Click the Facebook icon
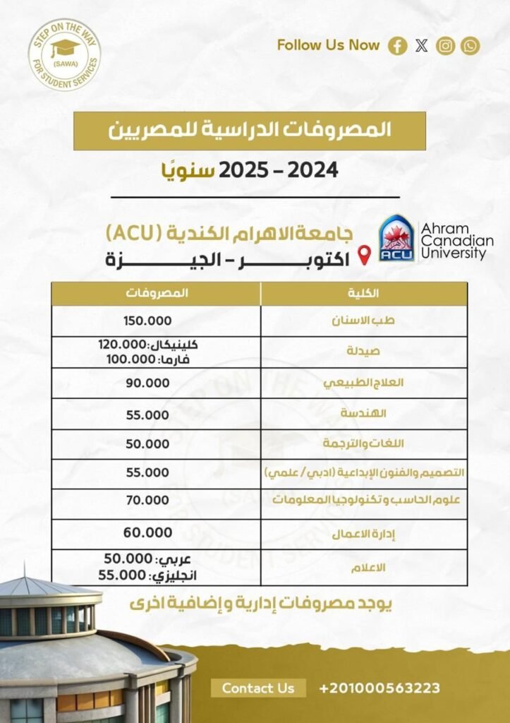pyautogui.click(x=399, y=47)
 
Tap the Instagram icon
pyautogui.click(x=446, y=47)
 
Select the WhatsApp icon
pyautogui.click(x=470, y=47)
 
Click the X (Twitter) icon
pyautogui.click(x=422, y=47)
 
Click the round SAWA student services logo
pyautogui.click(x=64, y=55)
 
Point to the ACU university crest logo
pyautogui.click(x=396, y=239)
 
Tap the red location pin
pyautogui.click(x=364, y=256)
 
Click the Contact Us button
pyautogui.click(x=258, y=688)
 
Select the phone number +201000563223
pyautogui.click(x=380, y=688)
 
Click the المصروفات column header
pyautogui.click(x=157, y=293)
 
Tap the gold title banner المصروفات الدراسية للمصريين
pyautogui.click(x=250, y=131)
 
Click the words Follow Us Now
pyautogui.click(x=328, y=45)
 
